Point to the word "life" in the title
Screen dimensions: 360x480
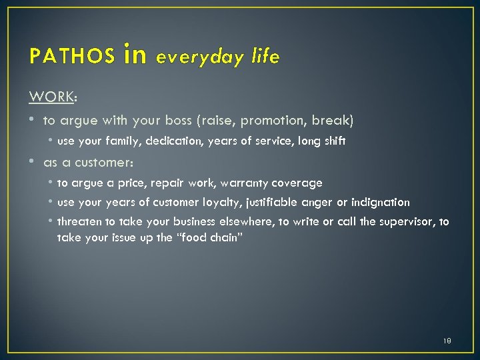(266, 57)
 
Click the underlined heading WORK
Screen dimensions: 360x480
(51, 97)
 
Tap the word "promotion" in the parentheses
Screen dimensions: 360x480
(271, 121)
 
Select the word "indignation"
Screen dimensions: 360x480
(381, 202)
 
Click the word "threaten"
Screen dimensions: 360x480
(79, 222)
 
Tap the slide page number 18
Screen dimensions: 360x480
(447, 341)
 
